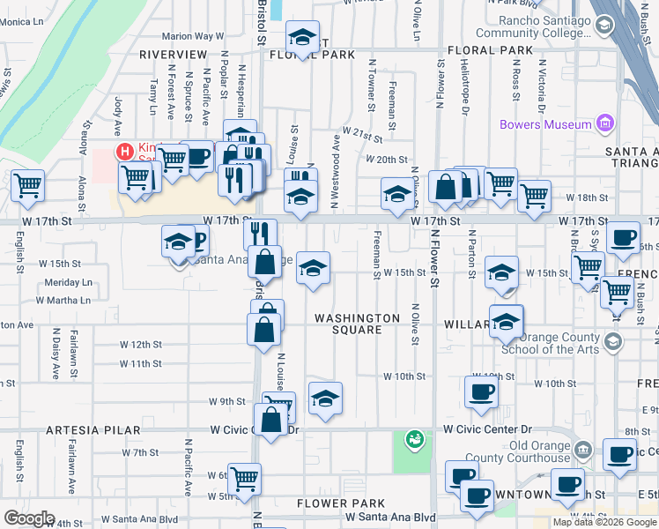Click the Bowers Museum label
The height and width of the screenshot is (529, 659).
545,124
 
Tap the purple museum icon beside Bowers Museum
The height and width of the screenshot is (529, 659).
604,123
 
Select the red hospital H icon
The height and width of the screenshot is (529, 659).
124,152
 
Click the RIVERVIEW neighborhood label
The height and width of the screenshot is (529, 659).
173,55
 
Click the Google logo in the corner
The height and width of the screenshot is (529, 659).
29,518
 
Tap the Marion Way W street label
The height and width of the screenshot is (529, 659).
192,37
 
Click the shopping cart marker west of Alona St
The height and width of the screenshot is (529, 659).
27,185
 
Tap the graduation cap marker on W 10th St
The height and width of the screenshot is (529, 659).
325,399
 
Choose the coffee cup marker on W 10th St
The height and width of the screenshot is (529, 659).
481,391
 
